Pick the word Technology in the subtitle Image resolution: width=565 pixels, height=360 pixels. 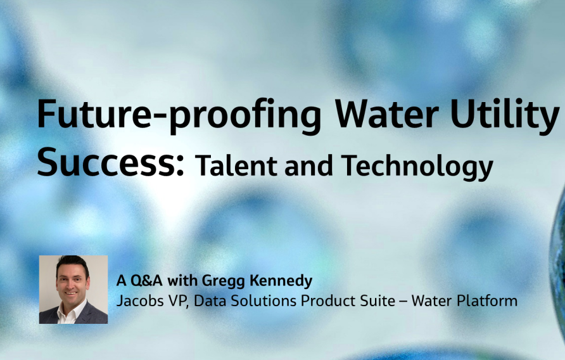click(x=417, y=167)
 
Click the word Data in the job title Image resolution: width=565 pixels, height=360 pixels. click(x=210, y=300)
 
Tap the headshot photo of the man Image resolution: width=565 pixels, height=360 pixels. click(x=73, y=290)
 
